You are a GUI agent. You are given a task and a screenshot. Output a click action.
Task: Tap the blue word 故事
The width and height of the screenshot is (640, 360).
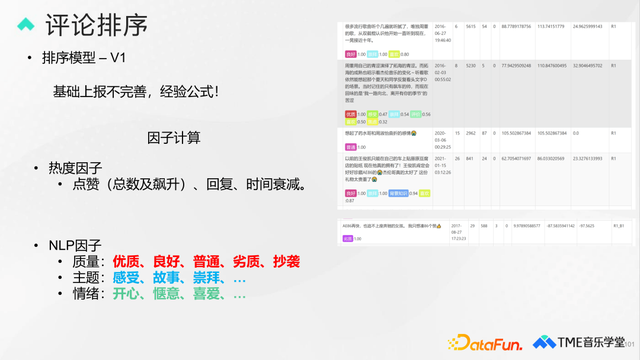167,277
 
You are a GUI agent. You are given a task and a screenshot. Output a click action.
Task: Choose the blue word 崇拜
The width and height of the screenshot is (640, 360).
207,277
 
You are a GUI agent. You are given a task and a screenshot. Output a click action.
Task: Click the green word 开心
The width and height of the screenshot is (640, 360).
127,294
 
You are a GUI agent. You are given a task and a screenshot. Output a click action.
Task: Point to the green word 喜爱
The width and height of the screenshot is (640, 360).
207,294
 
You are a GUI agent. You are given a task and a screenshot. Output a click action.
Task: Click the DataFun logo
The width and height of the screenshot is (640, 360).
490,342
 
